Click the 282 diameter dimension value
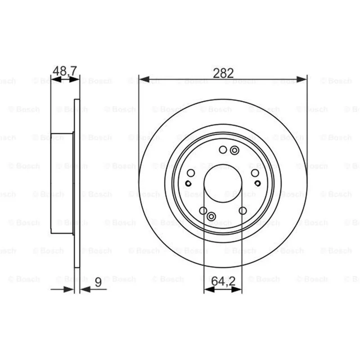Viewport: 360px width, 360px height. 223,73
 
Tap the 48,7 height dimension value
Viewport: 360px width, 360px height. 64,71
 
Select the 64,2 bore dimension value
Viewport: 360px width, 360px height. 223,281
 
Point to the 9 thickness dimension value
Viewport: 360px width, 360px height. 98,282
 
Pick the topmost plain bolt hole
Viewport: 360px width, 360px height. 223,150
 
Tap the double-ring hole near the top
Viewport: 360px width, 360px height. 234,151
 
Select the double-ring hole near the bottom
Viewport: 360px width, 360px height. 211,216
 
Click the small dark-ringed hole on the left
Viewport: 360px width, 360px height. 188,184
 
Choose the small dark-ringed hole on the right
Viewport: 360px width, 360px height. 257,183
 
